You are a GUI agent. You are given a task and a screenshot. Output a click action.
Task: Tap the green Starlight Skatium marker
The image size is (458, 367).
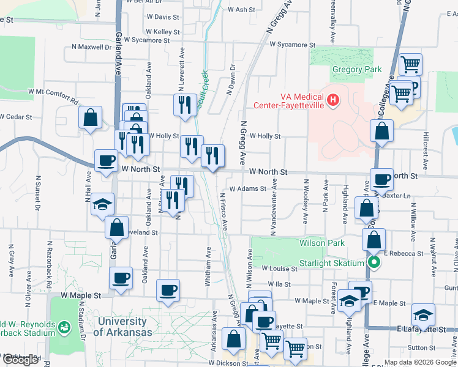tap(375, 264)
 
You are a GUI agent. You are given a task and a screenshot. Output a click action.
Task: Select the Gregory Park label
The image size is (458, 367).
tap(356, 70)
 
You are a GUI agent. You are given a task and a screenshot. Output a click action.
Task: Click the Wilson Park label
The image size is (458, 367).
tap(322, 243)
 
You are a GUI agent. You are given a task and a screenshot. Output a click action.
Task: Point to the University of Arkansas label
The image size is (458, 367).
tap(124, 327)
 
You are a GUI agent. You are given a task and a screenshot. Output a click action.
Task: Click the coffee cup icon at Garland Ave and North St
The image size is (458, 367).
tap(106, 160)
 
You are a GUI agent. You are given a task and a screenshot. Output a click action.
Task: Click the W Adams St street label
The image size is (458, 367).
tap(248, 189)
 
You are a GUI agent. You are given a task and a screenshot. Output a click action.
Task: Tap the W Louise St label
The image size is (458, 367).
tap(279, 269)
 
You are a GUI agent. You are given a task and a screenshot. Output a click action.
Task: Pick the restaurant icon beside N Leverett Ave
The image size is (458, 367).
tap(184, 105)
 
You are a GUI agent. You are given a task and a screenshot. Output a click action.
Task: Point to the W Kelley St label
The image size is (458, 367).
tap(163, 32)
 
